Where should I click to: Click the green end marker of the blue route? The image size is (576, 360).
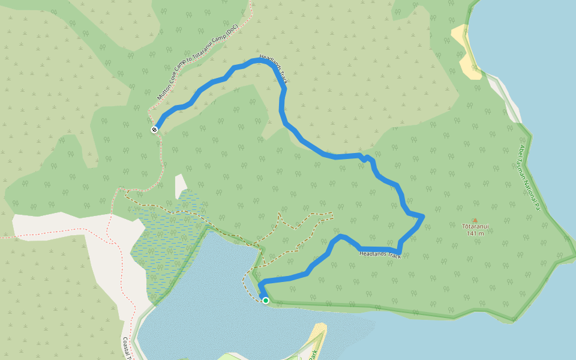[266, 301]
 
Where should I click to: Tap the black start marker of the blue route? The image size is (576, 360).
[154, 129]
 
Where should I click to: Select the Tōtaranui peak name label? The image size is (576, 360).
[475, 226]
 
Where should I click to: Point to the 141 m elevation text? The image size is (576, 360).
[475, 233]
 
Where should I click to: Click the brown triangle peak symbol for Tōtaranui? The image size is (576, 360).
[475, 220]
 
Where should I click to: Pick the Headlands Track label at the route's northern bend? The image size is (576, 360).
[275, 68]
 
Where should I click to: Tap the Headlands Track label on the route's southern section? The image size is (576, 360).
[380, 254]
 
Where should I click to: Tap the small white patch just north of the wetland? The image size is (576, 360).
[181, 185]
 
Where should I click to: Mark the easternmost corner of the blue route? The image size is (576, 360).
[423, 216]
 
